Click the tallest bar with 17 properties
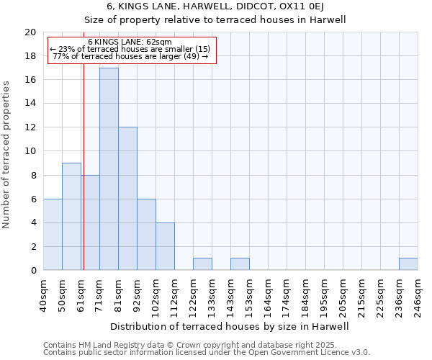pyautogui.click(x=109, y=169)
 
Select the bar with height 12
pyautogui.click(x=127, y=199)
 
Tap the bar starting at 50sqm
pyautogui.click(x=71, y=217)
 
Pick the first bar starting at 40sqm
pyautogui.click(x=53, y=235)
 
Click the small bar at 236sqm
pyautogui.click(x=408, y=264)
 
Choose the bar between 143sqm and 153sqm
pyautogui.click(x=240, y=264)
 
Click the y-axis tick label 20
pyautogui.click(x=30, y=32)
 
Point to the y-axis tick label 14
pyautogui.click(x=30, y=104)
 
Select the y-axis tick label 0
pyautogui.click(x=32, y=271)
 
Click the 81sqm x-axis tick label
pyautogui.click(x=118, y=294)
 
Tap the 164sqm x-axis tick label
pyautogui.click(x=268, y=296)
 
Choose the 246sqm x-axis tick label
pyautogui.click(x=418, y=296)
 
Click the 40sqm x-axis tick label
pyautogui.click(x=43, y=294)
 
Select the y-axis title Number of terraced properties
pyautogui.click(x=7, y=154)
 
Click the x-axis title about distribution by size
pyautogui.click(x=230, y=327)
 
